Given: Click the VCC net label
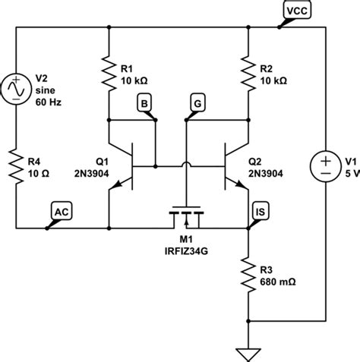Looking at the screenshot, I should tap(294, 10).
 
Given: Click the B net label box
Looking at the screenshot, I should tap(144, 102).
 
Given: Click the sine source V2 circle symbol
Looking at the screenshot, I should tap(14, 89).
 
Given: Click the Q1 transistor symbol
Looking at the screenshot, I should tap(122, 165).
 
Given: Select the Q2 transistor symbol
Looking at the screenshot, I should tap(235, 165).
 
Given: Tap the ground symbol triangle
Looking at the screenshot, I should tap(248, 351).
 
